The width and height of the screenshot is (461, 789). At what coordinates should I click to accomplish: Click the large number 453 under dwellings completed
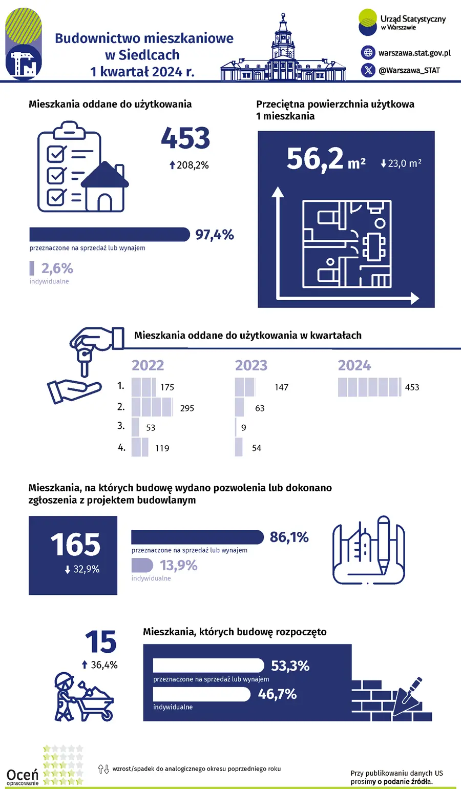(x=185, y=138)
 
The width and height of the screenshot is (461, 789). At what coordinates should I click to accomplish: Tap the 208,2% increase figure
(x=189, y=165)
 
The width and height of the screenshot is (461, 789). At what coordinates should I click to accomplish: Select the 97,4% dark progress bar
(x=110, y=235)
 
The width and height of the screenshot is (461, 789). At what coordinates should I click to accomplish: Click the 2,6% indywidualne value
(x=57, y=268)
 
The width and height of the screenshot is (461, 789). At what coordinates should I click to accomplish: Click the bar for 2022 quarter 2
(x=152, y=407)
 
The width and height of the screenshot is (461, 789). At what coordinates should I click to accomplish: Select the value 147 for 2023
(x=281, y=387)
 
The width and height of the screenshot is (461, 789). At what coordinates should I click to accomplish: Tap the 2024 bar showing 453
(x=369, y=387)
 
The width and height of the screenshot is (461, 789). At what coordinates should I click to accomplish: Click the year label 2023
(x=251, y=365)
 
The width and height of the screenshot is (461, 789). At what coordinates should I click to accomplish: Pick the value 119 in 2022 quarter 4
(x=162, y=448)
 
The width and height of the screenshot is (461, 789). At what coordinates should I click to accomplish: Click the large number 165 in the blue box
(x=75, y=545)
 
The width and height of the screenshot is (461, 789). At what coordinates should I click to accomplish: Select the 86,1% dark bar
(x=198, y=537)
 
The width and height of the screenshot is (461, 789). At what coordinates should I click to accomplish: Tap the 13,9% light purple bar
(x=142, y=565)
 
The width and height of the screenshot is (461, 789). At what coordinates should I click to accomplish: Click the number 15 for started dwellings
(x=101, y=642)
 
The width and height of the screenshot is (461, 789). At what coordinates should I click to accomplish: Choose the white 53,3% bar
(x=208, y=666)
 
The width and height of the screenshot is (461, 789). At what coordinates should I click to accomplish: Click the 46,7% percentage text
(x=277, y=694)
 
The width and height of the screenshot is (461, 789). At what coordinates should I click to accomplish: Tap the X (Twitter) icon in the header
(x=368, y=70)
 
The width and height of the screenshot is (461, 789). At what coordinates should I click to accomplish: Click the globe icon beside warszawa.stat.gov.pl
(x=368, y=52)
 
